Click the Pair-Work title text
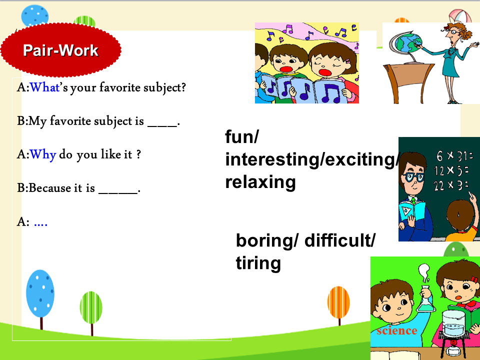[60, 50]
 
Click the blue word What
[44, 87]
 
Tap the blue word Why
[43, 155]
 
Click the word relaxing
[260, 182]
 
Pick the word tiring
[258, 263]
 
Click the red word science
[396, 330]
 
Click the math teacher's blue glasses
[413, 177]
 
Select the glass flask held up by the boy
[426, 298]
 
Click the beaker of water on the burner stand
[453, 323]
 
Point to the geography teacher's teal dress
[450, 61]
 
